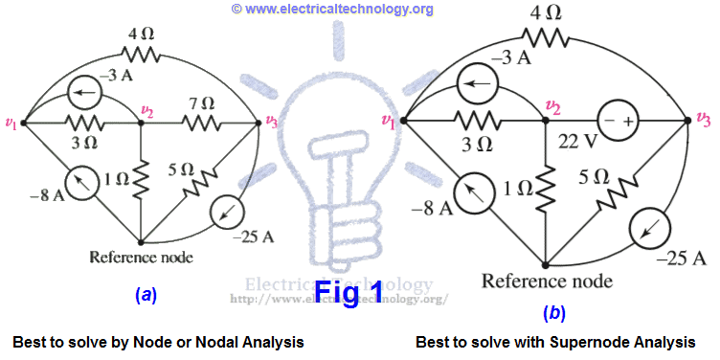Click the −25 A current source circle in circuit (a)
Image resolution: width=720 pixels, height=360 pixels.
[233, 210]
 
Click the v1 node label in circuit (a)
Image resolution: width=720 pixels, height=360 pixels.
[11, 122]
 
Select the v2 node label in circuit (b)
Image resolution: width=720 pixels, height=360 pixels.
[551, 105]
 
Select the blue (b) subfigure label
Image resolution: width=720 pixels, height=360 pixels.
[553, 312]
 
